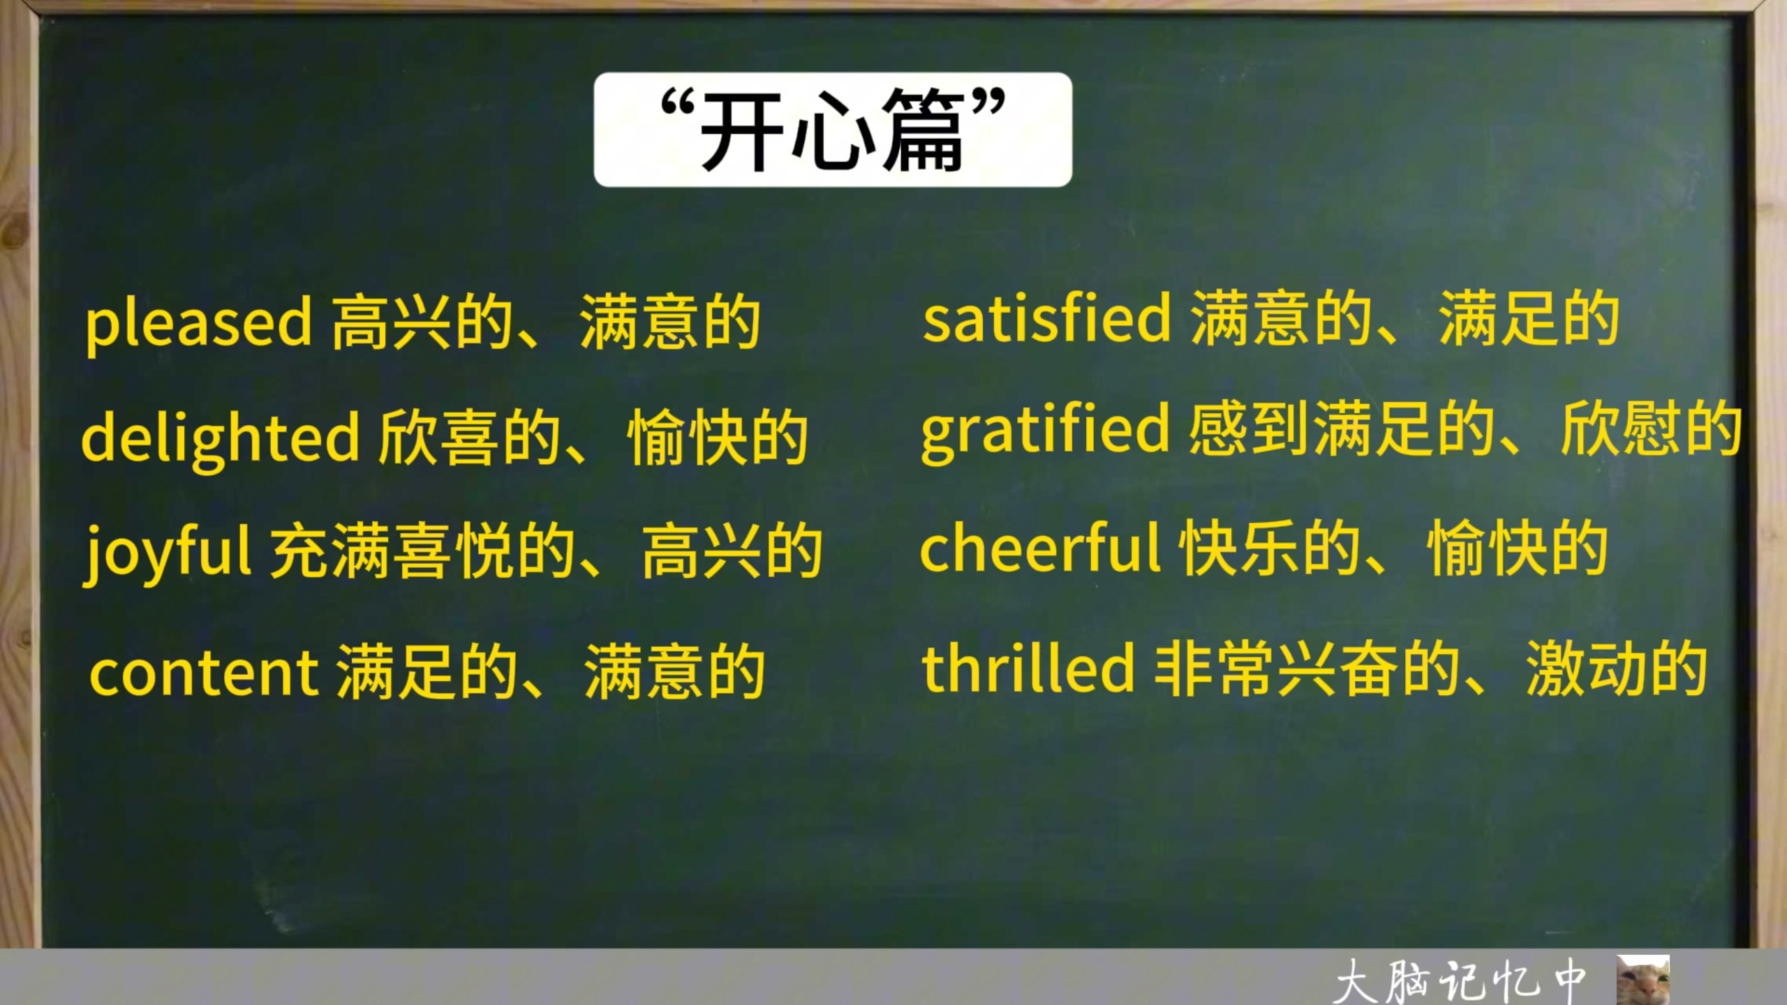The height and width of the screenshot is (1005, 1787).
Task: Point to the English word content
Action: tap(204, 672)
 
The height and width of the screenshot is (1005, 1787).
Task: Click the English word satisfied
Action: tap(1046, 317)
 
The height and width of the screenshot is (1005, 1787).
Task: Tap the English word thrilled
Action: tap(1028, 667)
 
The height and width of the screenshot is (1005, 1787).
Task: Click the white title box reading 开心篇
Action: tap(833, 129)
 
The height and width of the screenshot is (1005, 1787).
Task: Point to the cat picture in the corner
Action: tap(1643, 980)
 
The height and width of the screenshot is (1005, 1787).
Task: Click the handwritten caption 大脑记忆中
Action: tap(1460, 981)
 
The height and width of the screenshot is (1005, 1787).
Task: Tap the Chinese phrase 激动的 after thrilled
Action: tap(1617, 669)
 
